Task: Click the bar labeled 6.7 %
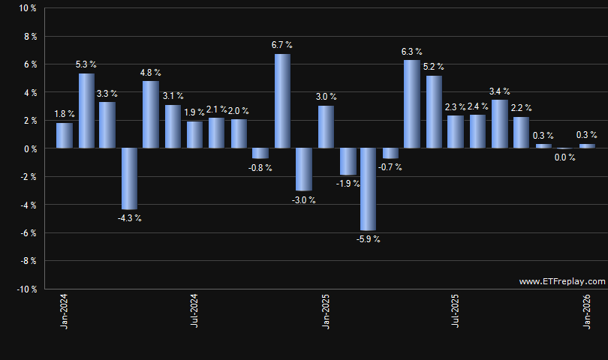(x=282, y=101)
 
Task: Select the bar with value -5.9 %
(x=369, y=189)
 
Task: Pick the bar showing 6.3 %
(x=411, y=104)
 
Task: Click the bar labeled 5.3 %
(x=86, y=111)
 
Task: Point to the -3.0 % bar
(x=303, y=169)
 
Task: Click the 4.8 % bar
(x=150, y=115)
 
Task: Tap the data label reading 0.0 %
(x=564, y=157)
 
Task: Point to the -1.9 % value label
(x=348, y=184)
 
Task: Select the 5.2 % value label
(x=434, y=66)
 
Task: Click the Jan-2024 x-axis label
(x=65, y=311)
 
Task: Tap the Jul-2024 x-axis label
(x=194, y=311)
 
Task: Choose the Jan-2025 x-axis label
(x=325, y=311)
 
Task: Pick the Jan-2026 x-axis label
(x=586, y=311)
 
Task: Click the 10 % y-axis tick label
(x=28, y=8)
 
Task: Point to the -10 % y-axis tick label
(x=26, y=289)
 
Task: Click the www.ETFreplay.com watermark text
(x=561, y=281)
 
